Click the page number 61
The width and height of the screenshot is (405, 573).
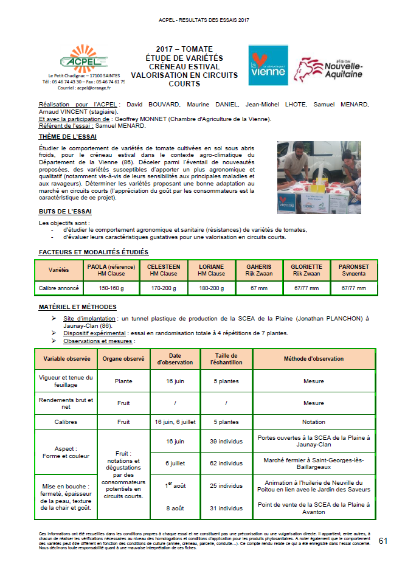click(x=383, y=541)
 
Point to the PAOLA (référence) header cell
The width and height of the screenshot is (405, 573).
click(x=111, y=270)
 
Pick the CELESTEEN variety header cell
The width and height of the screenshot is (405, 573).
click(x=163, y=270)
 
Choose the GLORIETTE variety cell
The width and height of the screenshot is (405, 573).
click(x=306, y=270)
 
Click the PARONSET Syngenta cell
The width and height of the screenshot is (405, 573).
click(x=355, y=270)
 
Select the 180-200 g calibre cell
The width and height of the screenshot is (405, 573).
click(x=211, y=288)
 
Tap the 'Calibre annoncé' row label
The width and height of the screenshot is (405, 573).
click(x=59, y=288)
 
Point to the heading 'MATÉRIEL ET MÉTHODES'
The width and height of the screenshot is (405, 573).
click(x=77, y=307)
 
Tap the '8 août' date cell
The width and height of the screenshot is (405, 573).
click(x=175, y=508)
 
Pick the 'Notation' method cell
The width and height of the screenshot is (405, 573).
click(x=314, y=421)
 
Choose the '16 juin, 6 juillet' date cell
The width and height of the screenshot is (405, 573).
click(x=175, y=421)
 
